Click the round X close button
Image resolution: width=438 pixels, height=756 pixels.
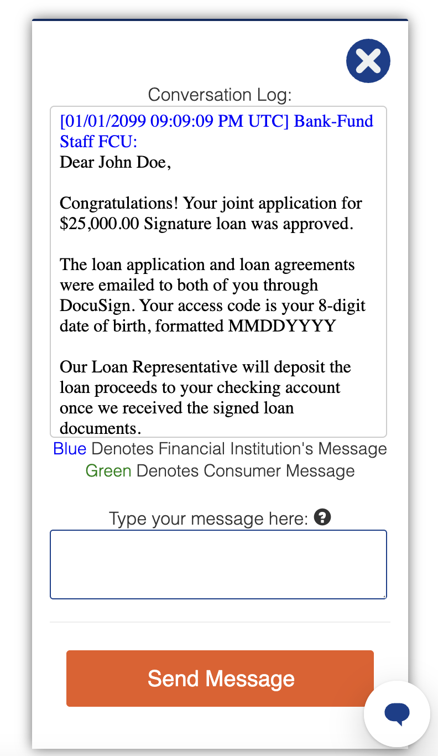coord(368,61)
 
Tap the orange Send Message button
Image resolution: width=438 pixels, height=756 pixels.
coord(220,679)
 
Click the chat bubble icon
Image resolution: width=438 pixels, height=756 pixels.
coord(397,713)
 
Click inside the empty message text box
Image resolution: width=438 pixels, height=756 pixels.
coord(218,565)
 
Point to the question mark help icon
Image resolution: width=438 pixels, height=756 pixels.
coord(322,518)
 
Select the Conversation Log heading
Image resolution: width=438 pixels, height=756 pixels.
coord(220,95)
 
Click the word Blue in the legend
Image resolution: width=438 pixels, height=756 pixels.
coord(70,448)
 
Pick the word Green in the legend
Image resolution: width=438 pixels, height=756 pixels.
coord(108,471)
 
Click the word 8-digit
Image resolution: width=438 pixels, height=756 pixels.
coord(338,305)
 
